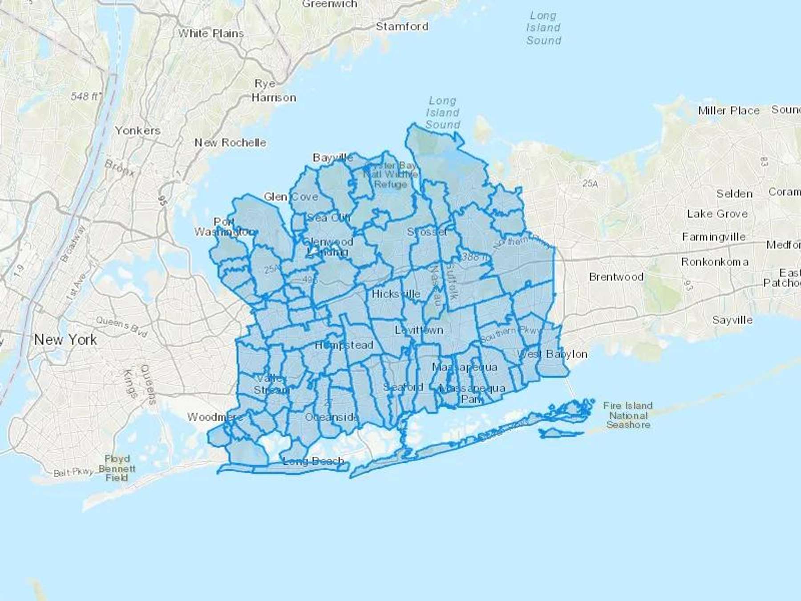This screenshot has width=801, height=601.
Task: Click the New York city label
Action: click(65, 340)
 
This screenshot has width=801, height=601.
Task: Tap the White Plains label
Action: click(211, 33)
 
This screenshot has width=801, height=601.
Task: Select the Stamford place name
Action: click(402, 26)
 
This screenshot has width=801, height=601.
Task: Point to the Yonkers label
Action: click(138, 130)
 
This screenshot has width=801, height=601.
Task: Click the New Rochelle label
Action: click(230, 142)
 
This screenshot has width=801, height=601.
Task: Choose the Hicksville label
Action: click(396, 294)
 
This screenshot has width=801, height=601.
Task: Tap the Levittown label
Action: click(419, 330)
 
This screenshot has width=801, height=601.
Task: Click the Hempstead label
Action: click(344, 345)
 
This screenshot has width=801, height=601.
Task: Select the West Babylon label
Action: click(552, 354)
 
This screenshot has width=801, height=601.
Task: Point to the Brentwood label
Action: click(616, 277)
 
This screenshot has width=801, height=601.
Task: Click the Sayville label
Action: click(732, 320)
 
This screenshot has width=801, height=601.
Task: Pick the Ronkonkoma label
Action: click(714, 262)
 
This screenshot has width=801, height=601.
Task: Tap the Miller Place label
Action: click(728, 110)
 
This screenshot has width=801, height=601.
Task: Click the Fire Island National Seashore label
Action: click(627, 415)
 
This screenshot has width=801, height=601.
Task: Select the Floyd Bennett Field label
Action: click(117, 468)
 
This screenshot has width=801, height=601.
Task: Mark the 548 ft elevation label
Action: click(86, 96)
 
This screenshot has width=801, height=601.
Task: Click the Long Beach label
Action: click(313, 461)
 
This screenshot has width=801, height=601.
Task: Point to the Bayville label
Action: click(332, 158)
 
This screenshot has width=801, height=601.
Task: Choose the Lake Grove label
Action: click(717, 214)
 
